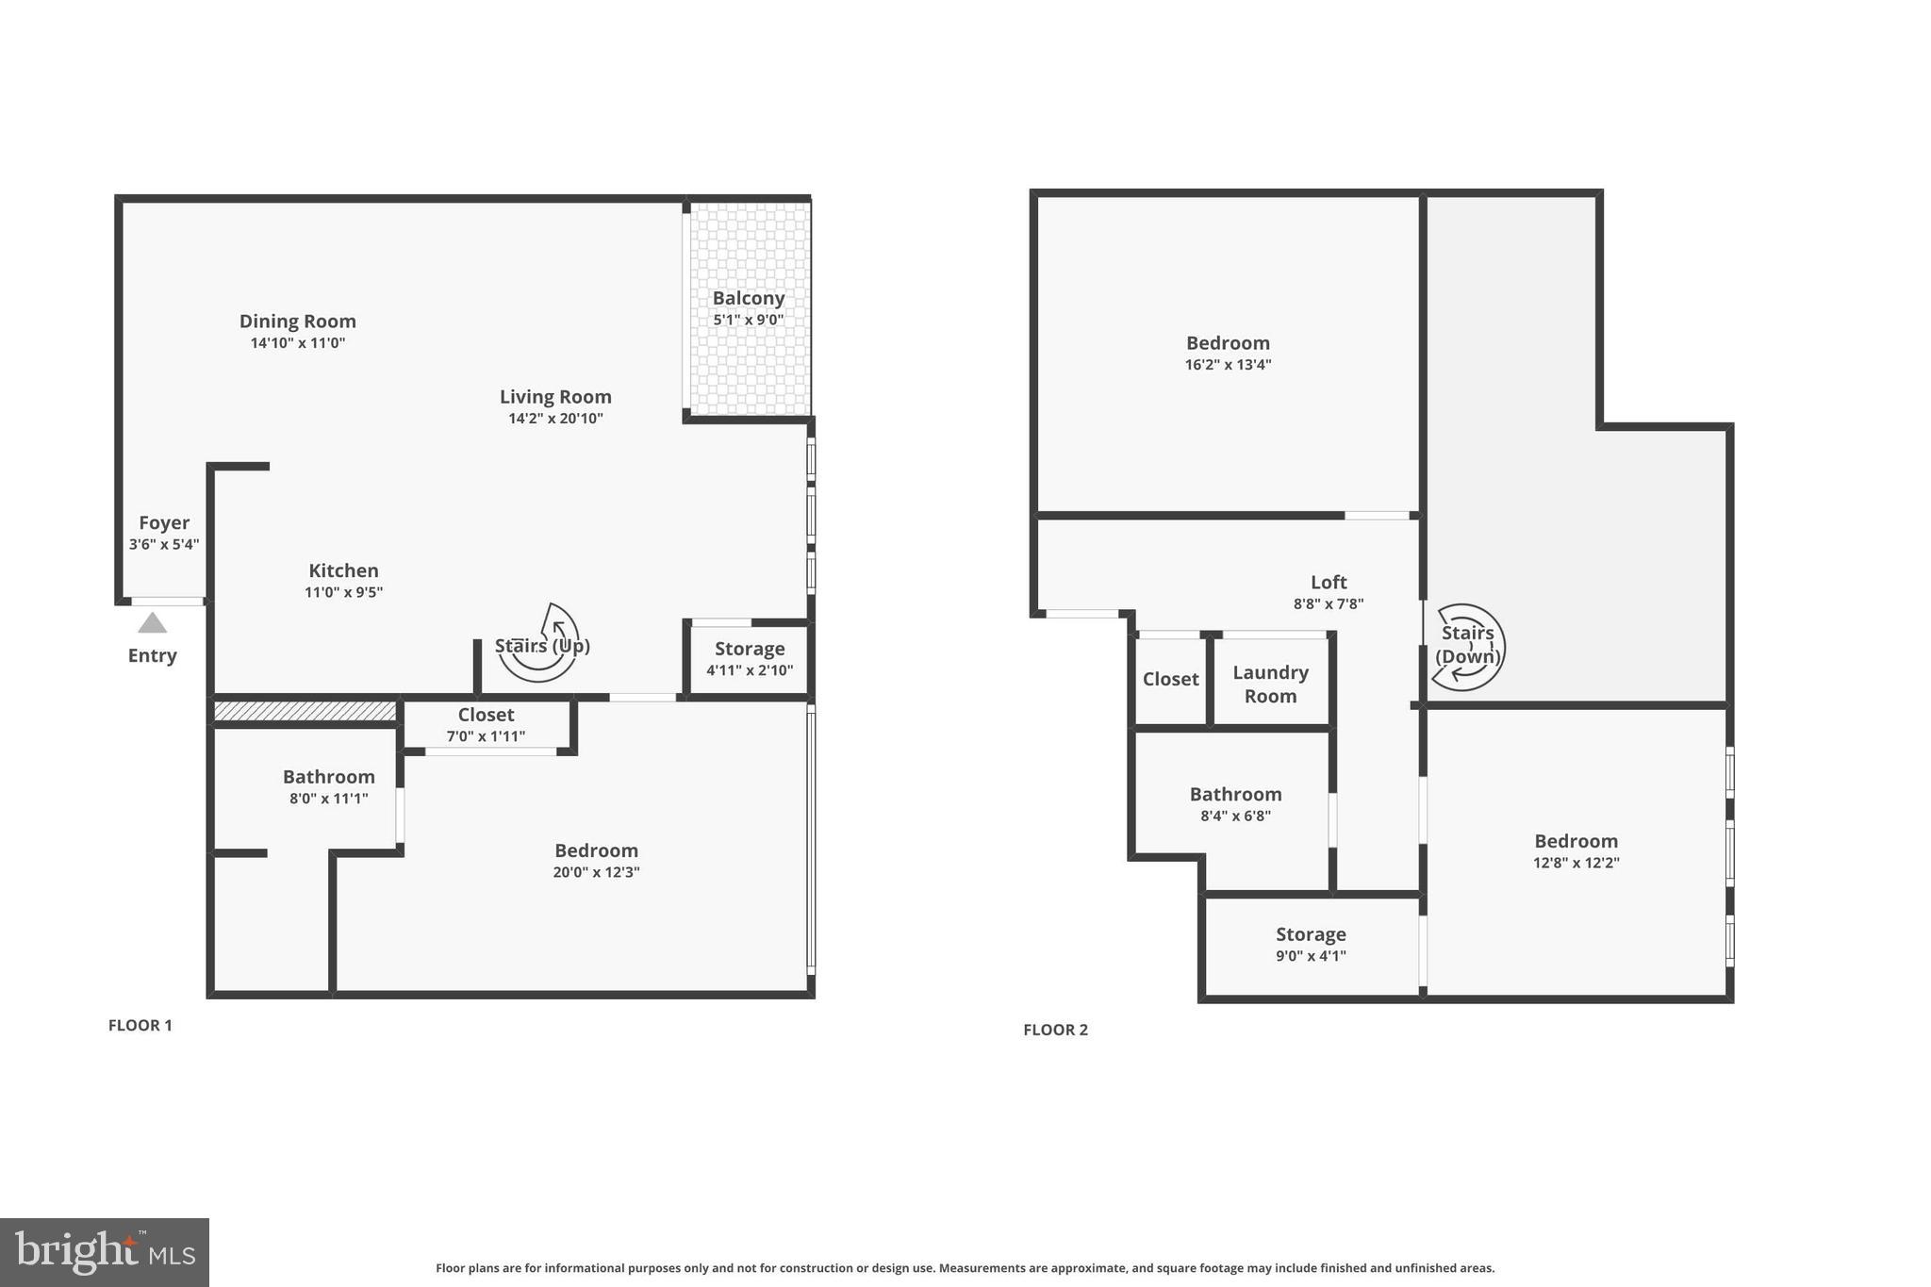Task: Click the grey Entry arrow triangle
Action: tap(152, 623)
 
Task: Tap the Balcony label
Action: tap(748, 298)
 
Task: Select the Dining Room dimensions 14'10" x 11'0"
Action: tap(298, 343)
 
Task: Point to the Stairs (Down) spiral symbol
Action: tap(1467, 646)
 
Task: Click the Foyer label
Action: tap(164, 522)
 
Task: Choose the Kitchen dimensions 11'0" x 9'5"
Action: tap(343, 592)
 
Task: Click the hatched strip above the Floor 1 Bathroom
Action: tap(305, 711)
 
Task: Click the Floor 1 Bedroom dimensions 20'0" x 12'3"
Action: tap(596, 872)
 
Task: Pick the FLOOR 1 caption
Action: tap(140, 1025)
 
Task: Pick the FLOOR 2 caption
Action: tap(1055, 1030)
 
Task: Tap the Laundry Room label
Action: tap(1270, 684)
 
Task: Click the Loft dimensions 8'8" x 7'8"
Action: tap(1329, 604)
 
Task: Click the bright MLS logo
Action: tap(105, 1252)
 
